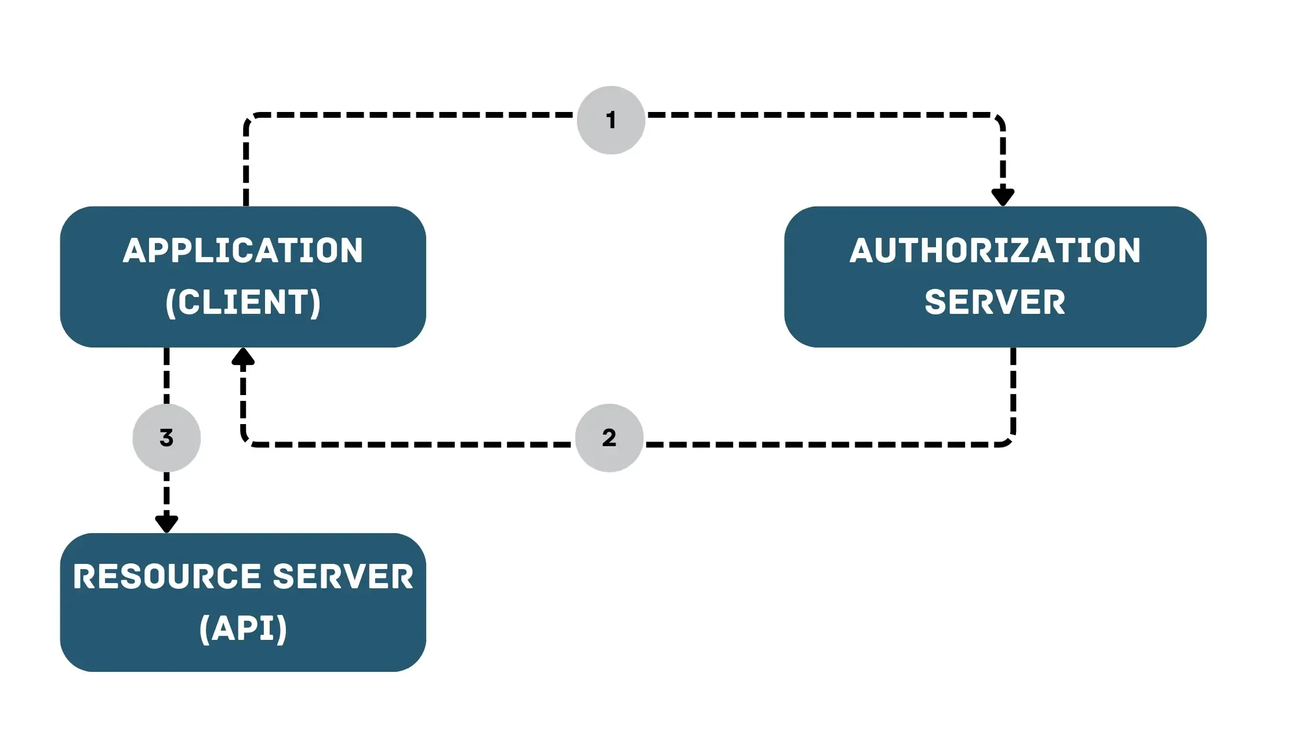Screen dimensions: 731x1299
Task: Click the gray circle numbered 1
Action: (x=611, y=120)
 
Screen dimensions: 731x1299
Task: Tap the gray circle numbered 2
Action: (x=609, y=437)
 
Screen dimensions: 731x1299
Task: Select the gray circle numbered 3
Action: (x=166, y=437)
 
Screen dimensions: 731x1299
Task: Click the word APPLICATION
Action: (x=243, y=251)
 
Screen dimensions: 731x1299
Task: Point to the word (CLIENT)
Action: (x=243, y=302)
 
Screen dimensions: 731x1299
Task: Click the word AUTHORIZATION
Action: (x=995, y=251)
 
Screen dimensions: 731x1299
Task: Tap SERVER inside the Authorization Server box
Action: (x=995, y=302)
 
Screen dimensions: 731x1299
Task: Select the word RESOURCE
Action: (x=167, y=577)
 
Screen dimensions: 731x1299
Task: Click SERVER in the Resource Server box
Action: (x=343, y=577)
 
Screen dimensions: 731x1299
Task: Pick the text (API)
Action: (x=243, y=628)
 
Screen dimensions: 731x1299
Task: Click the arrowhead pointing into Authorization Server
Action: (x=1003, y=196)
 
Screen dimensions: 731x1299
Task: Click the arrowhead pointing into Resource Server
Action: (x=166, y=523)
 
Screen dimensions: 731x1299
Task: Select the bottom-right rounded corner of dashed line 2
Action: (x=1009, y=440)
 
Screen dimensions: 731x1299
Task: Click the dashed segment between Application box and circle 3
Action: (x=166, y=375)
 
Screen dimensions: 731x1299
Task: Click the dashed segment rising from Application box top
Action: (x=246, y=168)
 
